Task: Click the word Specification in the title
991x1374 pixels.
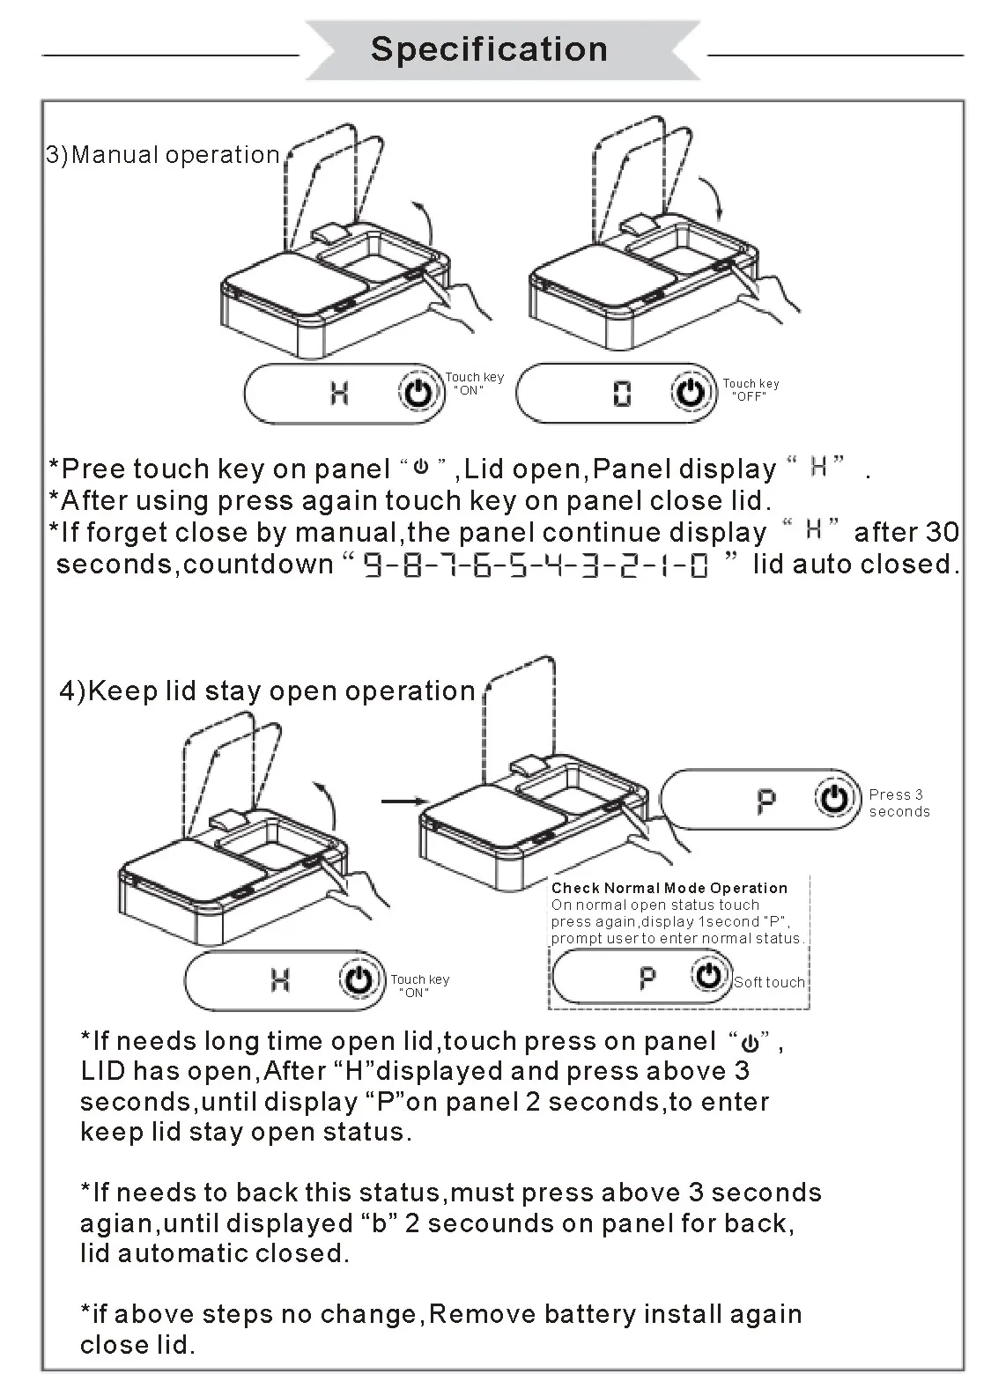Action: pyautogui.click(x=489, y=49)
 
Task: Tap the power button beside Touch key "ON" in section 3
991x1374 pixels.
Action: pyautogui.click(x=418, y=392)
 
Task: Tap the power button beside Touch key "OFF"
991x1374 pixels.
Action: pyautogui.click(x=690, y=392)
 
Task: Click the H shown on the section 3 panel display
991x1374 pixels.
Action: pyautogui.click(x=339, y=392)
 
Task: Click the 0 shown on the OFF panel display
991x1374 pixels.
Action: pyautogui.click(x=622, y=394)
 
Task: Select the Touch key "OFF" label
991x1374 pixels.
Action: pyautogui.click(x=751, y=389)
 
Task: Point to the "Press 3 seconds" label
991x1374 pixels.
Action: pyautogui.click(x=899, y=802)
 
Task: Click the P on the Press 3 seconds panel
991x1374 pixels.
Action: pyautogui.click(x=766, y=801)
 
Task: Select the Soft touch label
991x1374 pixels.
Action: pyautogui.click(x=769, y=982)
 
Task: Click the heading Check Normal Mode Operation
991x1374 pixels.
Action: pyautogui.click(x=669, y=888)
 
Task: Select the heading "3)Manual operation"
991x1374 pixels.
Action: pyautogui.click(x=163, y=155)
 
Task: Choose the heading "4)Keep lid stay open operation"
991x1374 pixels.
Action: pyautogui.click(x=267, y=691)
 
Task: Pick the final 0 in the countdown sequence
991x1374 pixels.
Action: pyautogui.click(x=699, y=565)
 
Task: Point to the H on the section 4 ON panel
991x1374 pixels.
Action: pyautogui.click(x=280, y=979)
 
